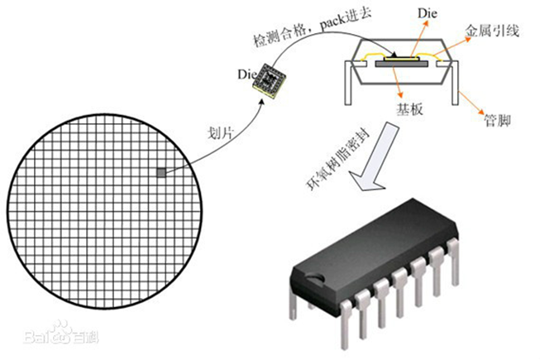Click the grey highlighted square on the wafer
click(160, 172)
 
